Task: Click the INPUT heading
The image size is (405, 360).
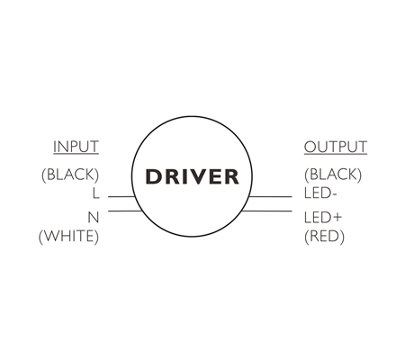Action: [76, 147]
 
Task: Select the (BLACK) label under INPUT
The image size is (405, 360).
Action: [70, 175]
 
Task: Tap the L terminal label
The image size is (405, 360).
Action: [95, 193]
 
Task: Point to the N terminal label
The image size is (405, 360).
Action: [94, 217]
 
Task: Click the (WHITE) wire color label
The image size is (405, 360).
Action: [68, 237]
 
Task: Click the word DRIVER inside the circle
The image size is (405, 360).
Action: [193, 176]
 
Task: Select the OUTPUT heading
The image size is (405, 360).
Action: [336, 147]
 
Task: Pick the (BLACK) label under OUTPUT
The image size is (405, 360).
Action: [333, 175]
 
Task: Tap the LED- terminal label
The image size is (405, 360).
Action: [320, 193]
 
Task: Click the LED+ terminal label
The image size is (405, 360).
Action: [323, 217]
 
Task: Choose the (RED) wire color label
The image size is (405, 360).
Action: [324, 237]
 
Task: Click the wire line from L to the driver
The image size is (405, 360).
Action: [121, 197]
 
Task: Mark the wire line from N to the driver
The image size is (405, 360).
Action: [125, 211]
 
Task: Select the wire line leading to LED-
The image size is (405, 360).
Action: [270, 197]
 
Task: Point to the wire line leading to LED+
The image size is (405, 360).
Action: [266, 211]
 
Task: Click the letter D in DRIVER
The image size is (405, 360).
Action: [154, 176]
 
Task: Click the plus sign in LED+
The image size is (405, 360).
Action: [337, 217]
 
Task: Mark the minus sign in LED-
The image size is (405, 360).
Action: [334, 194]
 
